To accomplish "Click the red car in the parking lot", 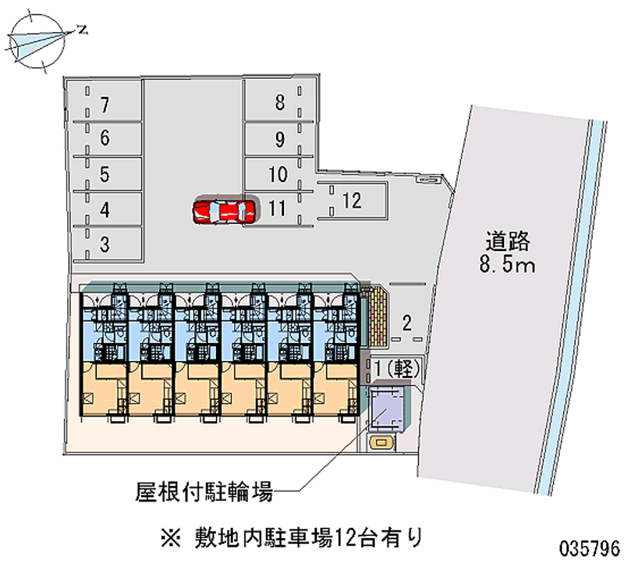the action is [224, 211].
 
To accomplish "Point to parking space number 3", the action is [105, 244].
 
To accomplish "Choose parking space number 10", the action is [278, 174].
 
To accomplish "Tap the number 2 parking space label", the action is [406, 323].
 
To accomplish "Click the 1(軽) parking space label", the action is [397, 368].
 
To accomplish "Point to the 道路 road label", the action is [508, 241].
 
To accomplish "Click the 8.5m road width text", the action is [508, 264].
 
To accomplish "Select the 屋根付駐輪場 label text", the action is [204, 491].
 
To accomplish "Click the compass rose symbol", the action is [37, 41].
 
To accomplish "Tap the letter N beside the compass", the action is [83, 30].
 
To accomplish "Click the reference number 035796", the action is [590, 549].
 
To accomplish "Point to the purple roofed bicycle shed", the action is [385, 409].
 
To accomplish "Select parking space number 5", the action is [105, 174].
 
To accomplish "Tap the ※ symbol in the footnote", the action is [171, 538].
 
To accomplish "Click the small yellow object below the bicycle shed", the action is [381, 443].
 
